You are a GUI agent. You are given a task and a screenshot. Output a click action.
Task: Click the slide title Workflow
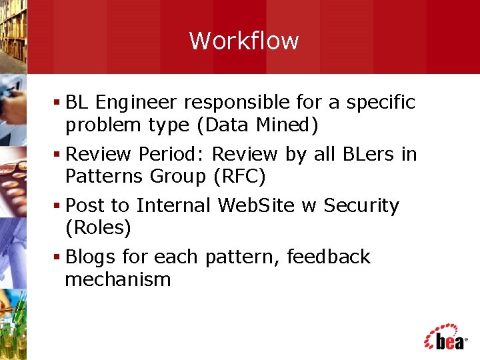point(244,41)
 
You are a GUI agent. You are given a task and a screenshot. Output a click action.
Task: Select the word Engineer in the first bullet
point(136,103)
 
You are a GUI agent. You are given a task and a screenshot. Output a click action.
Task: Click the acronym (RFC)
point(239,177)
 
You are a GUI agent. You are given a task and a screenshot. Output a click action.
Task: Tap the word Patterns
point(104,177)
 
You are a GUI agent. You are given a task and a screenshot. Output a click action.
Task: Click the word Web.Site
point(255,205)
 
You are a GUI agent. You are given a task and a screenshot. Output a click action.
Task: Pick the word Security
point(361,206)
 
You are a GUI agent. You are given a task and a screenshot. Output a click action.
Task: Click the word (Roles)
point(98,228)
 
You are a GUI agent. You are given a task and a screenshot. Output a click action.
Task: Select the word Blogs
point(91,257)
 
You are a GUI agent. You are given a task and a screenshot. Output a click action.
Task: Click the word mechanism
point(118,279)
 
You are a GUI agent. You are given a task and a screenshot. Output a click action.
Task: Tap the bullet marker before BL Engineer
point(59,103)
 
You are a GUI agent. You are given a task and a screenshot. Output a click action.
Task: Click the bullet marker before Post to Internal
point(59,206)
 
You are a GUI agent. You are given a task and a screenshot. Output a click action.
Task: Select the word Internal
point(173,205)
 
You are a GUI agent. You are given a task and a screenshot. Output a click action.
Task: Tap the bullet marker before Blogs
point(59,257)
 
